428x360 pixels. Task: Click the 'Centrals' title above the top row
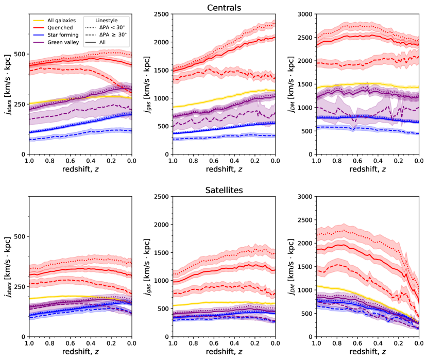[224, 8]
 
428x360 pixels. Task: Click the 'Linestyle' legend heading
[108, 19]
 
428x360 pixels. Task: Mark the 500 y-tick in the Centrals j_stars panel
[21, 54]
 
